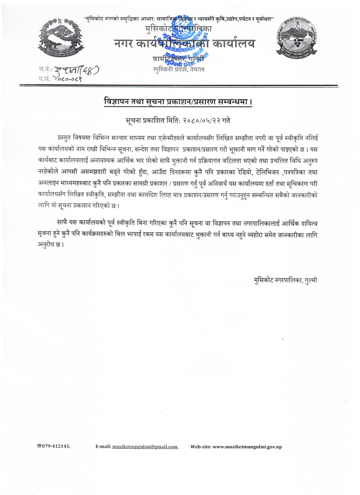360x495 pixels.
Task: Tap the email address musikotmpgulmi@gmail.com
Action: point(145,447)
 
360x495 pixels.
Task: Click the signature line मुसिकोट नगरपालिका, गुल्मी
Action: point(285,280)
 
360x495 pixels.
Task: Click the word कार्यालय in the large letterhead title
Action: point(231,43)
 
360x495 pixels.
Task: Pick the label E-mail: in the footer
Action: point(103,447)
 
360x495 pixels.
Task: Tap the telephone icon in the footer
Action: point(39,446)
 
